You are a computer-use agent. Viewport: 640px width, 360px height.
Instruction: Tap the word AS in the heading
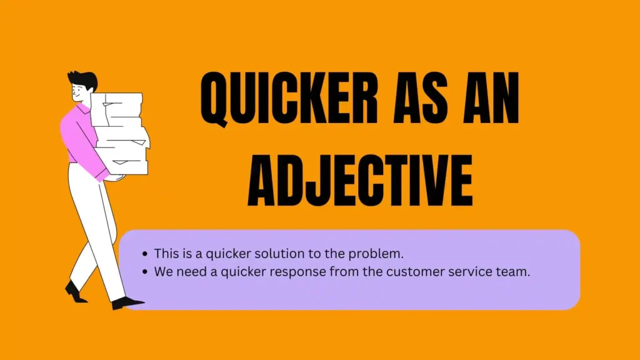[421, 97]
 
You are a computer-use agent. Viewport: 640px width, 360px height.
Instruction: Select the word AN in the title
[491, 97]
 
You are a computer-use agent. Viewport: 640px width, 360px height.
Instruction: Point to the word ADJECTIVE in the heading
[361, 180]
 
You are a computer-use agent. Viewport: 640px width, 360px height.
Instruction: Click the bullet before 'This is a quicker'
[145, 254]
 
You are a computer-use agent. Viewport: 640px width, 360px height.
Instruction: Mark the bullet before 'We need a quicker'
[145, 272]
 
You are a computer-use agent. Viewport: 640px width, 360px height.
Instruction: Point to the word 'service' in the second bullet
[471, 272]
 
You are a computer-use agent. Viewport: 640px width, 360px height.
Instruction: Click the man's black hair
[83, 79]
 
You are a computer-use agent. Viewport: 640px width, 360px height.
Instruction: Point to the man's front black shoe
[127, 303]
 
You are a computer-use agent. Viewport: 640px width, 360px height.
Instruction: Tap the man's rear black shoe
[75, 292]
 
